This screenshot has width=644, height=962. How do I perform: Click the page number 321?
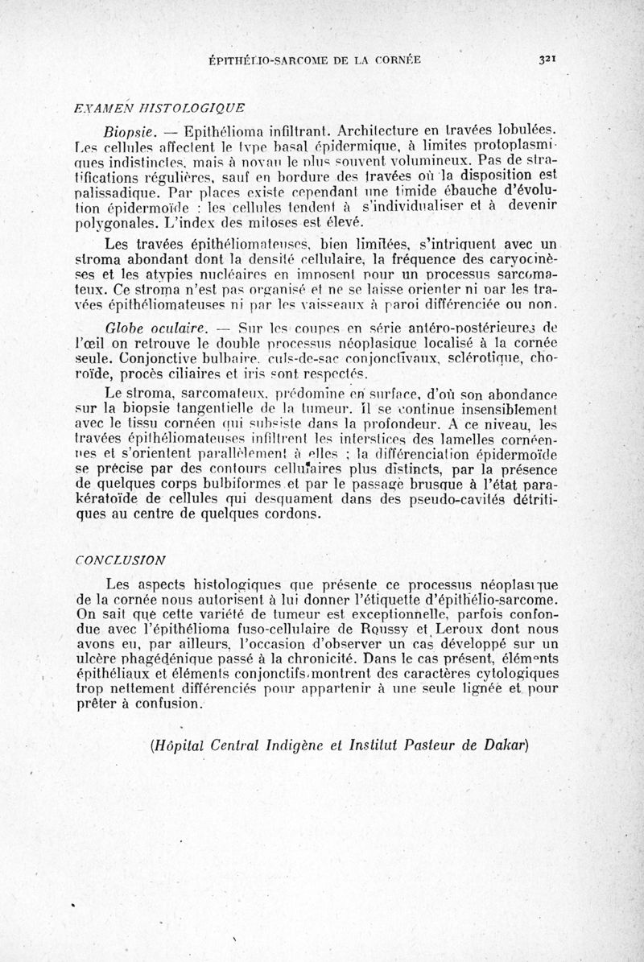550,59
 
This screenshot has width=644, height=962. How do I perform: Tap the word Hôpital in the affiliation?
181,743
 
